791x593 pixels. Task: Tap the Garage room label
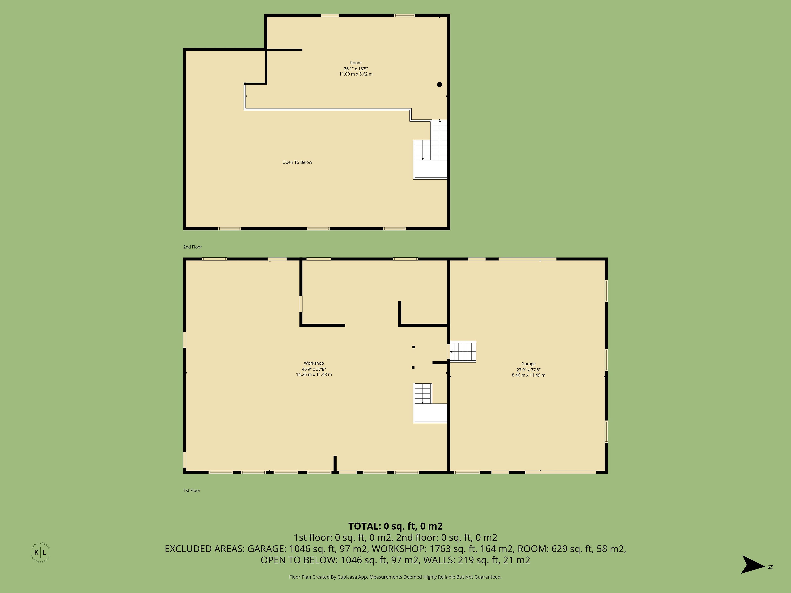(x=529, y=364)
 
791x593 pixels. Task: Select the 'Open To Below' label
(x=297, y=162)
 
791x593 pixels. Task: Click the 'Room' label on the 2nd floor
(x=356, y=63)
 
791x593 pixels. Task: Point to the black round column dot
(x=440, y=85)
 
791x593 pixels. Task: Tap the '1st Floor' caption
(x=192, y=490)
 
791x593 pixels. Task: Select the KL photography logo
(x=40, y=552)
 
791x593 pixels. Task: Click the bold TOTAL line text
(x=395, y=526)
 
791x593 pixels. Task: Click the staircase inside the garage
(x=463, y=352)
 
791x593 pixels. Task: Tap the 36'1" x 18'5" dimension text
(x=356, y=69)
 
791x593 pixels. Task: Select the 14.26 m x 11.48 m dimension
(x=314, y=375)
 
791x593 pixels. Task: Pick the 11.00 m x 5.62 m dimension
(x=356, y=74)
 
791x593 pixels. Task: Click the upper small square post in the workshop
(x=414, y=347)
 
